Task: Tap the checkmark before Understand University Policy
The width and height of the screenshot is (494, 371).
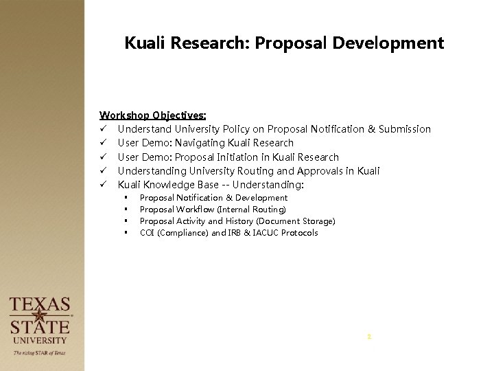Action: click(104, 129)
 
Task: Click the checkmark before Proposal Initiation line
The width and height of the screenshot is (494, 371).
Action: click(104, 157)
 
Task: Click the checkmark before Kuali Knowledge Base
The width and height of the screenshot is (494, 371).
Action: click(104, 184)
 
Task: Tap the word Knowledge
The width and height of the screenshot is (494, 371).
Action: click(169, 184)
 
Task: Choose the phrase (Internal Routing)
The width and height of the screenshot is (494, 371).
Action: click(251, 209)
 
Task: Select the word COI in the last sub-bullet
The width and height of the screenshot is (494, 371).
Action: click(148, 232)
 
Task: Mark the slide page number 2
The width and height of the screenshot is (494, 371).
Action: click(368, 337)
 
